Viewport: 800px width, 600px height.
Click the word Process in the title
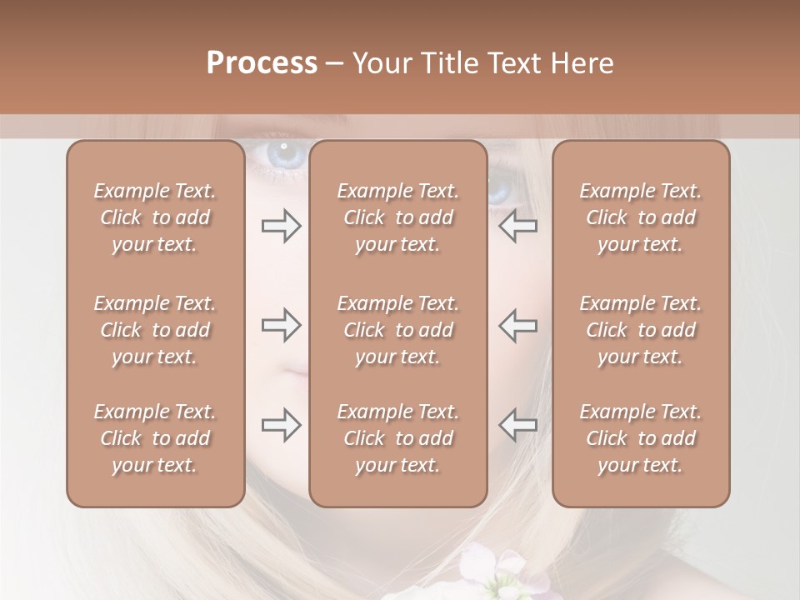tap(262, 63)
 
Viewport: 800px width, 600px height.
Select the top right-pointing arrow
tap(281, 226)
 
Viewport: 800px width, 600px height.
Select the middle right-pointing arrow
tap(281, 325)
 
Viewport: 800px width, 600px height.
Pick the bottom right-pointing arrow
tap(281, 425)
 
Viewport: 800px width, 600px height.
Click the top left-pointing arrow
tap(517, 226)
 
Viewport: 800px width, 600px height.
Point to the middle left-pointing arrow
tap(517, 325)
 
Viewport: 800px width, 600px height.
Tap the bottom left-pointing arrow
tap(517, 425)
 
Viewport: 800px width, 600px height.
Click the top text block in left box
tap(155, 217)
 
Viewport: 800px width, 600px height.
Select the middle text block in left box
tap(155, 330)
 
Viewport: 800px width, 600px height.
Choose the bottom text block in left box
tap(155, 438)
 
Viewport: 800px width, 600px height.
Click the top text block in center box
tap(398, 217)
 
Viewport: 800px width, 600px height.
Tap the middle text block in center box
tap(398, 330)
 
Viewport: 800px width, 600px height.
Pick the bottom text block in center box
tap(398, 438)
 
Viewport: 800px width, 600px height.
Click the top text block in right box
tap(641, 217)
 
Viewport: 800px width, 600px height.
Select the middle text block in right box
tap(641, 330)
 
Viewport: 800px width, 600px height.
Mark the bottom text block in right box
tap(641, 438)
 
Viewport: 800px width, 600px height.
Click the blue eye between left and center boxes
tap(281, 155)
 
